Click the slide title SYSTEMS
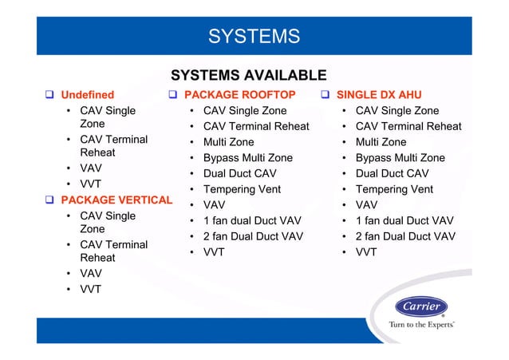tap(254, 36)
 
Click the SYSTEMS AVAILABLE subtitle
tap(248, 76)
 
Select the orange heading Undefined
tap(88, 95)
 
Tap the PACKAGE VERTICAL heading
tap(116, 200)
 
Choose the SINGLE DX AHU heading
tap(379, 95)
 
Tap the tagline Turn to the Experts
tap(421, 325)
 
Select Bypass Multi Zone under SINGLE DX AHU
tap(400, 158)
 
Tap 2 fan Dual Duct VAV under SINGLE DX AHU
tap(405, 236)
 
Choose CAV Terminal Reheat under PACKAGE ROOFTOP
tap(256, 126)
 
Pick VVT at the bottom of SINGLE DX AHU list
tap(366, 252)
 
